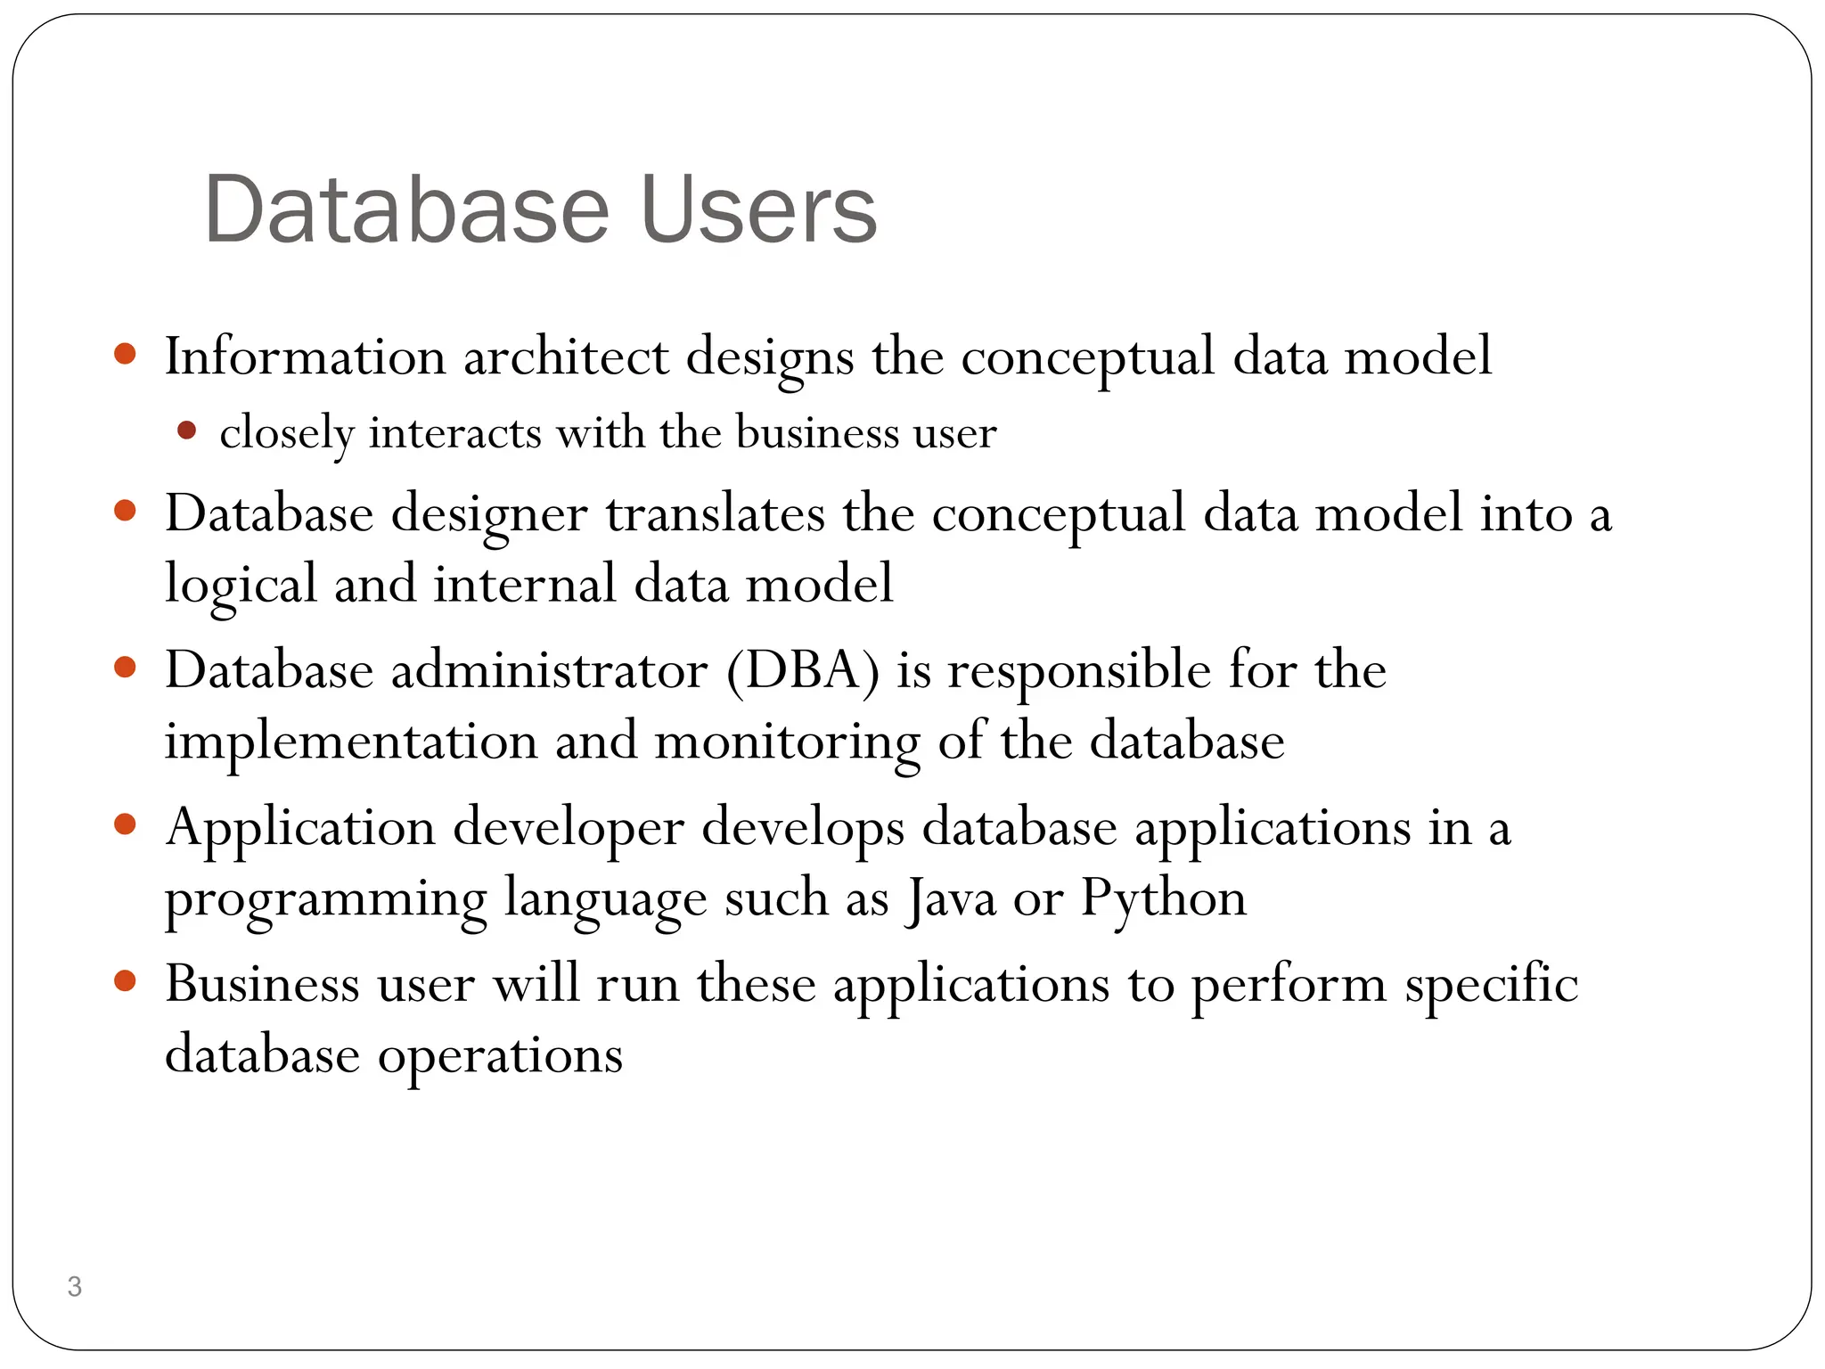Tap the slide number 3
[x=75, y=1286]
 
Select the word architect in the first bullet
[x=566, y=357]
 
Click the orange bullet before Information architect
[x=125, y=354]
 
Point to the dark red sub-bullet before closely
[x=186, y=431]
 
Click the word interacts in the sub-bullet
[x=454, y=433]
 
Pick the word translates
[x=716, y=514]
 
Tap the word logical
[x=241, y=585]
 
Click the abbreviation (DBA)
[x=802, y=670]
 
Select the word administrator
[x=549, y=670]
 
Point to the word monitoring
[x=788, y=742]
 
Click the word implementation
[x=351, y=742]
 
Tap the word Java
[x=951, y=898]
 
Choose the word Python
[x=1164, y=898]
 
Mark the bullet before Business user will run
[x=125, y=981]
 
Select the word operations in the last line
[x=500, y=1055]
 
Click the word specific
[x=1491, y=985]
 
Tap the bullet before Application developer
[x=125, y=824]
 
